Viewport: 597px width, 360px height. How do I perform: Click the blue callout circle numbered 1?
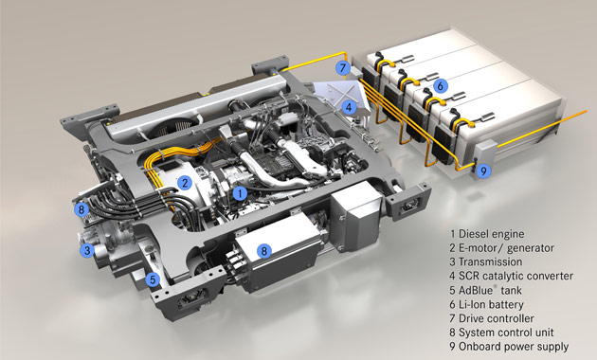(x=242, y=193)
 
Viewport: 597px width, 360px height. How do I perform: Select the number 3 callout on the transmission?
(x=86, y=250)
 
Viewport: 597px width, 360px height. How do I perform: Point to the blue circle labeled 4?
(x=350, y=107)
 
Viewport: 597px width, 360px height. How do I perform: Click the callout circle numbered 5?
(x=153, y=280)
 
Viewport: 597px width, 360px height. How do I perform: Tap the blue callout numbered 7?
(x=342, y=68)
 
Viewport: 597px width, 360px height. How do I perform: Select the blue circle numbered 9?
(x=483, y=171)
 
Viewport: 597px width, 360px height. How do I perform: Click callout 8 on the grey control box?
(x=264, y=252)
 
